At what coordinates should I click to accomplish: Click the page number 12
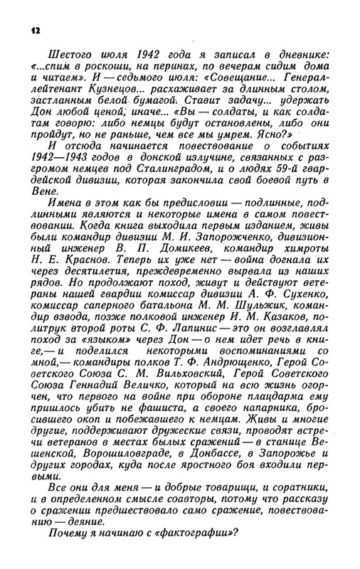(36, 30)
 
